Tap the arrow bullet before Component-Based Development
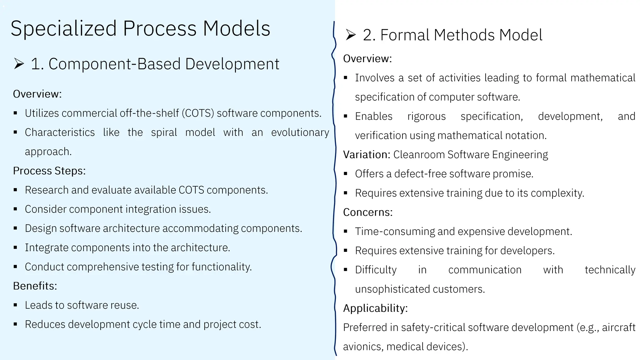point(19,64)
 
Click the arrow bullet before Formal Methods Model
point(351,35)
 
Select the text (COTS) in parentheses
point(198,113)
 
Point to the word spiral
point(164,132)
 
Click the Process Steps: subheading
point(49,171)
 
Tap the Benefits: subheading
point(35,286)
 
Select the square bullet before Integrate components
point(15,248)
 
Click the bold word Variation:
point(367,155)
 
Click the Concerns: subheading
point(368,212)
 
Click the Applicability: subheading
point(375,308)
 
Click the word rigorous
point(426,116)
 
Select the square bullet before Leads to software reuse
point(15,305)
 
